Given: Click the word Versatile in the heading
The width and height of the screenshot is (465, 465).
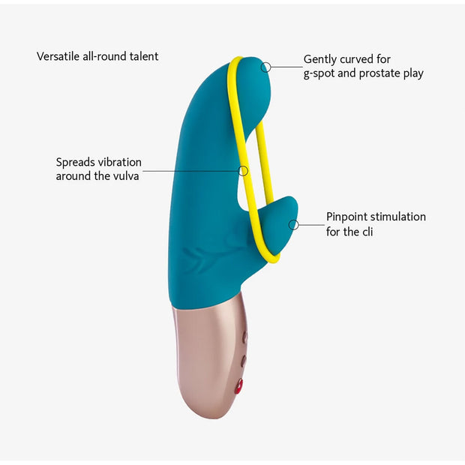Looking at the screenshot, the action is tap(58, 56).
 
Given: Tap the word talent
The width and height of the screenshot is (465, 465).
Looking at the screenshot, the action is tap(144, 56).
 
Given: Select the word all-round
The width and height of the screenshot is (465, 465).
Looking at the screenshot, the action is tap(104, 56).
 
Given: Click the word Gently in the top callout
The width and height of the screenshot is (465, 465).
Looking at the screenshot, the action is tap(320, 59).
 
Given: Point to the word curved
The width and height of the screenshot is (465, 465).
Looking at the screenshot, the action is tap(357, 59).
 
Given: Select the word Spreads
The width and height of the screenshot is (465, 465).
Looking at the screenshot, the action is tap(75, 163).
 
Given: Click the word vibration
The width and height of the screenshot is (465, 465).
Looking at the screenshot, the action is tap(120, 162).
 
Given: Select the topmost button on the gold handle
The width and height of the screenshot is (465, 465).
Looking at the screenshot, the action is tap(245, 337).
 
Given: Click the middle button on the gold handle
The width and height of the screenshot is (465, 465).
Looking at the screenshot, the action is tap(244, 361).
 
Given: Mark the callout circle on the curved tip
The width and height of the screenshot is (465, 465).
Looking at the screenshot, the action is tap(266, 67).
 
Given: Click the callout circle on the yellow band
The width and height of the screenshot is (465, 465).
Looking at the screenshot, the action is tap(243, 171).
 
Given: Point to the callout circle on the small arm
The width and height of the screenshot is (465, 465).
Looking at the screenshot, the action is tap(293, 225).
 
